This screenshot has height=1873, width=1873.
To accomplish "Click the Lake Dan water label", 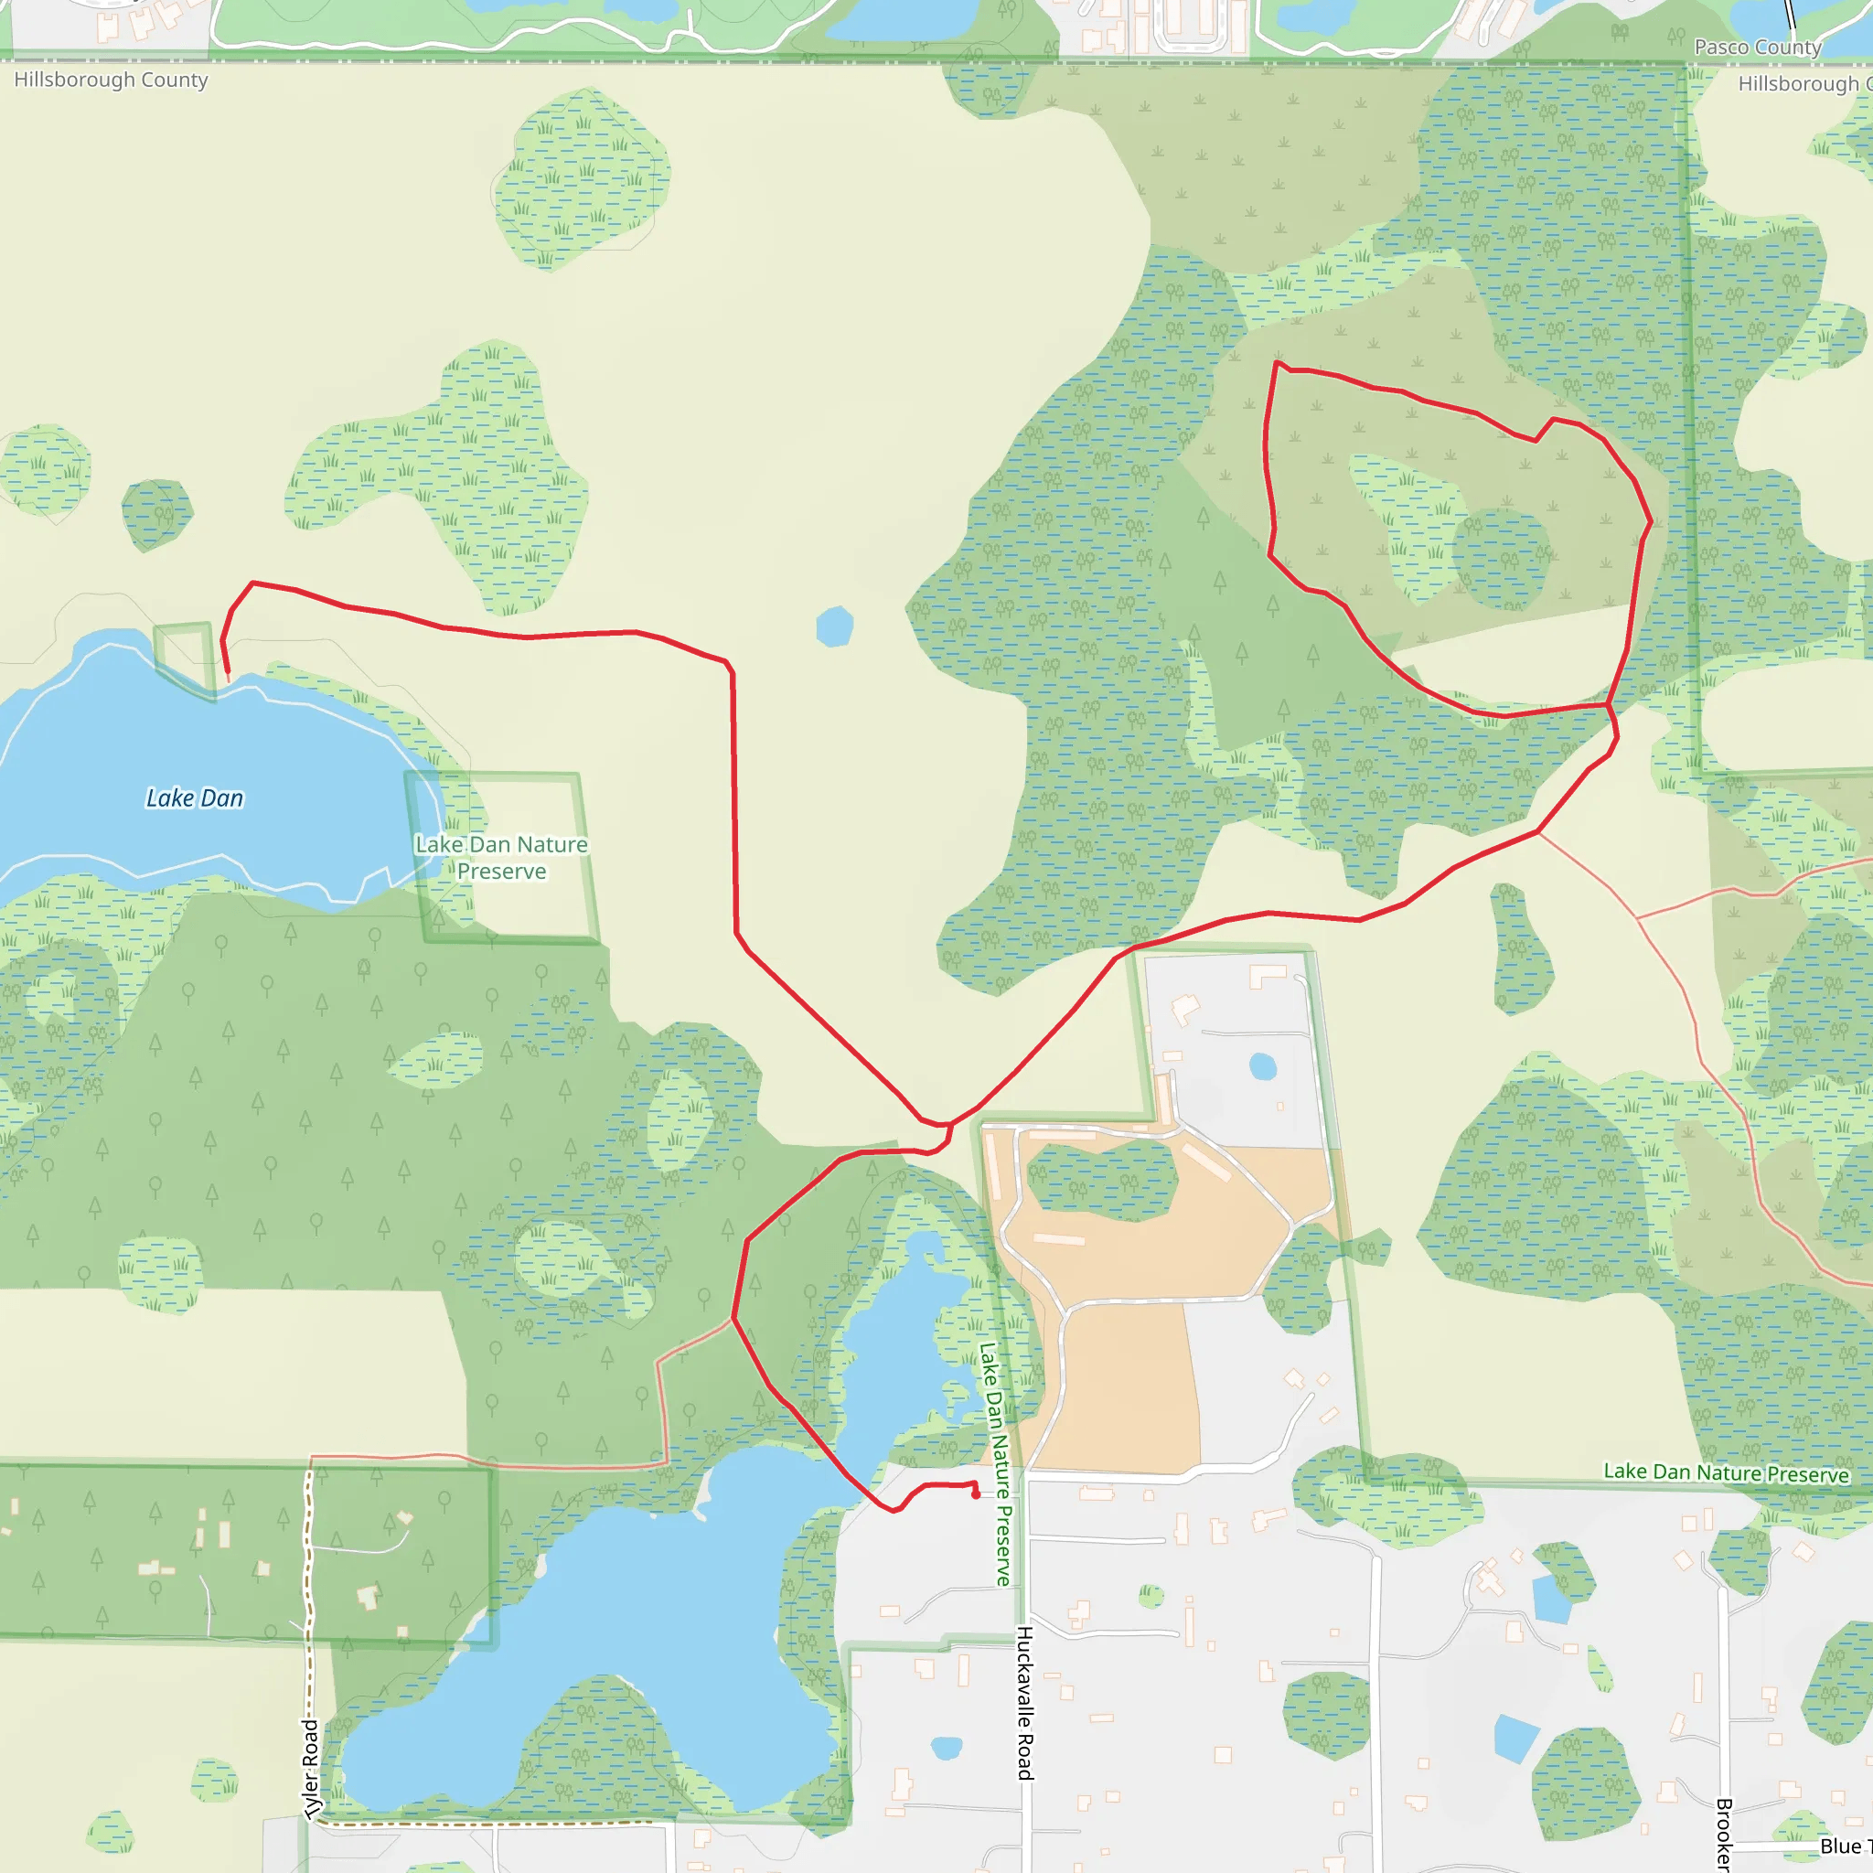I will tap(194, 797).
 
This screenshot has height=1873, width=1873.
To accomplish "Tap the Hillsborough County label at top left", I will tap(111, 80).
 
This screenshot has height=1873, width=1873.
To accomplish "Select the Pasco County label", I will tap(1758, 48).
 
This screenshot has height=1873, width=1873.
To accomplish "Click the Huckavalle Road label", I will tap(1024, 1702).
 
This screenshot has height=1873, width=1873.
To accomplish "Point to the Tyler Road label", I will tap(310, 1770).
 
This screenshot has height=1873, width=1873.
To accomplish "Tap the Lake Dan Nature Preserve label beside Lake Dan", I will tap(501, 857).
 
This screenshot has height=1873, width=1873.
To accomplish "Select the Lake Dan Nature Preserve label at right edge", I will tap(1726, 1472).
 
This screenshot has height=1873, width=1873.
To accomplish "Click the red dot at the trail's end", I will tap(975, 1495).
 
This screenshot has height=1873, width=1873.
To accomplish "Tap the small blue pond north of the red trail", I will tap(834, 626).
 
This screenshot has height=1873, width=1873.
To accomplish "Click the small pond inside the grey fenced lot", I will tap(1262, 1066).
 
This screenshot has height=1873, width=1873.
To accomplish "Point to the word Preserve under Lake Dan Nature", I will tap(501, 872).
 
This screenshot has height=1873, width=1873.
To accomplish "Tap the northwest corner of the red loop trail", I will tap(1277, 364).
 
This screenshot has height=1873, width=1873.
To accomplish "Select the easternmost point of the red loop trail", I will tap(1650, 523).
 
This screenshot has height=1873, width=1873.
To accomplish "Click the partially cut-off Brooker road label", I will tap(1724, 1832).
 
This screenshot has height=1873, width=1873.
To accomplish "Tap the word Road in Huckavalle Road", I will tap(1024, 1756).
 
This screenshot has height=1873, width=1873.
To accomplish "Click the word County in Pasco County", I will tap(1793, 48).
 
